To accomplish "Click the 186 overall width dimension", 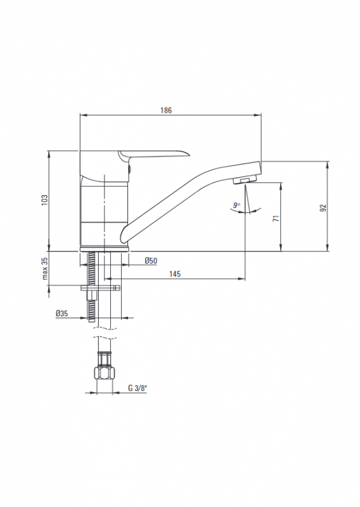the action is pos(166,110).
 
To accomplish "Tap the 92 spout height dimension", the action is pos(323,208).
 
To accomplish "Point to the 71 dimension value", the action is pos(276,218).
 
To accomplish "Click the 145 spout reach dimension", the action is pos(175,274).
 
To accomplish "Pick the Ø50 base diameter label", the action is pos(151,260).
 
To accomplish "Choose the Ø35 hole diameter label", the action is pos(61,313).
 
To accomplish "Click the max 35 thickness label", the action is pos(44,268).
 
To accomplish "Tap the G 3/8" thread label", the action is pos(138,388).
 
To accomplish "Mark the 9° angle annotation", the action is pos(237,205).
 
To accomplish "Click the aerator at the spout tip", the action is pos(245,179).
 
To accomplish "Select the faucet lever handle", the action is pos(153,156).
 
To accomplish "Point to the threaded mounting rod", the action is pos(91,286).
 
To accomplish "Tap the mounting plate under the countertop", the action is pos(101,288).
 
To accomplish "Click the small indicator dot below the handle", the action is pos(129,169).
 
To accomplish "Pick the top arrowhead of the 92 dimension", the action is pos(328,165).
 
